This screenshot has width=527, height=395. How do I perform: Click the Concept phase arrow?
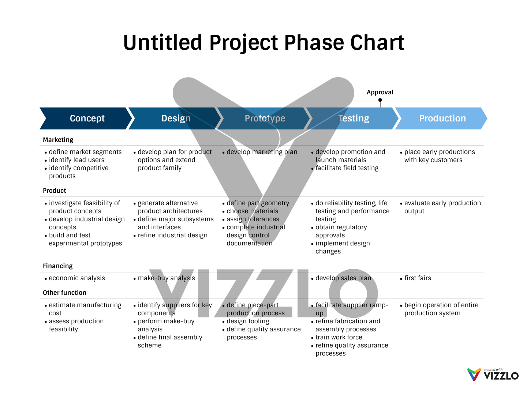pyautogui.click(x=87, y=118)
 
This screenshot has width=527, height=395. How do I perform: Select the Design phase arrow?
pyautogui.click(x=176, y=118)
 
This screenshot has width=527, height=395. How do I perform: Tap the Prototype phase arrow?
pyautogui.click(x=265, y=118)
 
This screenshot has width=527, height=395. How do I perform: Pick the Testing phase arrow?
pyautogui.click(x=354, y=118)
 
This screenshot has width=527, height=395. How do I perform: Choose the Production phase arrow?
pyautogui.click(x=442, y=118)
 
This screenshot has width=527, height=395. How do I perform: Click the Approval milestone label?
pyautogui.click(x=380, y=92)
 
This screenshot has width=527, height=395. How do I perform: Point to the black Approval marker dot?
pyautogui.click(x=380, y=100)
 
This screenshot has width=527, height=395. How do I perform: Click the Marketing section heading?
pyautogui.click(x=58, y=140)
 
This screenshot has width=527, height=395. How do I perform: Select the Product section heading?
pyautogui.click(x=55, y=191)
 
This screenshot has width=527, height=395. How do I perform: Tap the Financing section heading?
pyautogui.click(x=58, y=266)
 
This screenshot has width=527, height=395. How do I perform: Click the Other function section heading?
pyautogui.click(x=64, y=293)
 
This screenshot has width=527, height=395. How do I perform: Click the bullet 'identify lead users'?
pyautogui.click(x=76, y=160)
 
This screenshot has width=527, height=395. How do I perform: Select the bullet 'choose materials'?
pyautogui.click(x=252, y=211)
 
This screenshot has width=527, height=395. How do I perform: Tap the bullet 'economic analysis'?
pyautogui.click(x=77, y=278)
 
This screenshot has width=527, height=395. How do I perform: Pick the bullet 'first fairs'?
pyautogui.click(x=418, y=278)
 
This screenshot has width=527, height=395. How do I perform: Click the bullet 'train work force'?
pyautogui.click(x=339, y=337)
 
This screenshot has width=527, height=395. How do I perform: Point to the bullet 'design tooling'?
pyautogui.click(x=248, y=321)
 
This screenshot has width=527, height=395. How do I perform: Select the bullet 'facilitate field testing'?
pyautogui.click(x=347, y=168)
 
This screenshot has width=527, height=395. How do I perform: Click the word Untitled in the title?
pyautogui.click(x=162, y=42)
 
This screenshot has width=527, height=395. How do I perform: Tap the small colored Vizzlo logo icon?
pyautogui.click(x=474, y=375)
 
